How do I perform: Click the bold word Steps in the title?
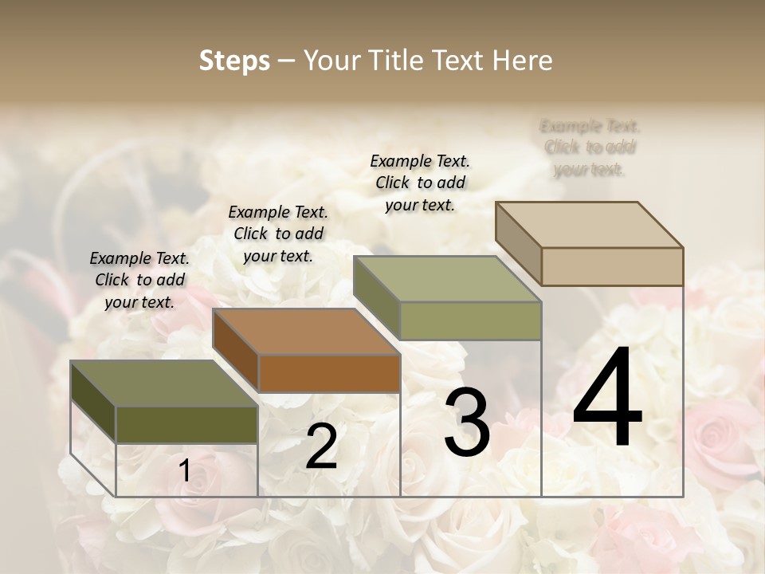click(x=234, y=61)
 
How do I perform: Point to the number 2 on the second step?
click(x=321, y=446)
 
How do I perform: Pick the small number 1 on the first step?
click(x=184, y=471)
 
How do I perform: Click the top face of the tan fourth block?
click(x=590, y=224)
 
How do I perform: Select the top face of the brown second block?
click(x=306, y=331)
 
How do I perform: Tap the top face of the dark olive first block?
click(x=164, y=383)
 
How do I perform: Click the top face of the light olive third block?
click(x=448, y=279)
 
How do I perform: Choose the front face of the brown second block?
click(x=329, y=373)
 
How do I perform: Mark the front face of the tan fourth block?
click(x=612, y=266)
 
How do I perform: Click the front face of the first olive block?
click(x=186, y=424)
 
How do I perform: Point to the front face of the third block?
click(x=470, y=320)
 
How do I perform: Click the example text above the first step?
click(x=139, y=280)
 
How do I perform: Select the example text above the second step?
click(x=278, y=234)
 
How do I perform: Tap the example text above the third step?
click(x=420, y=183)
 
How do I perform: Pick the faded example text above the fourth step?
click(x=590, y=147)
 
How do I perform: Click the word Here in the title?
click(x=523, y=61)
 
